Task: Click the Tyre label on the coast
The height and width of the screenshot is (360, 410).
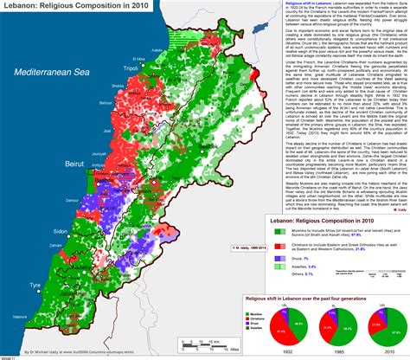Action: [35, 283]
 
